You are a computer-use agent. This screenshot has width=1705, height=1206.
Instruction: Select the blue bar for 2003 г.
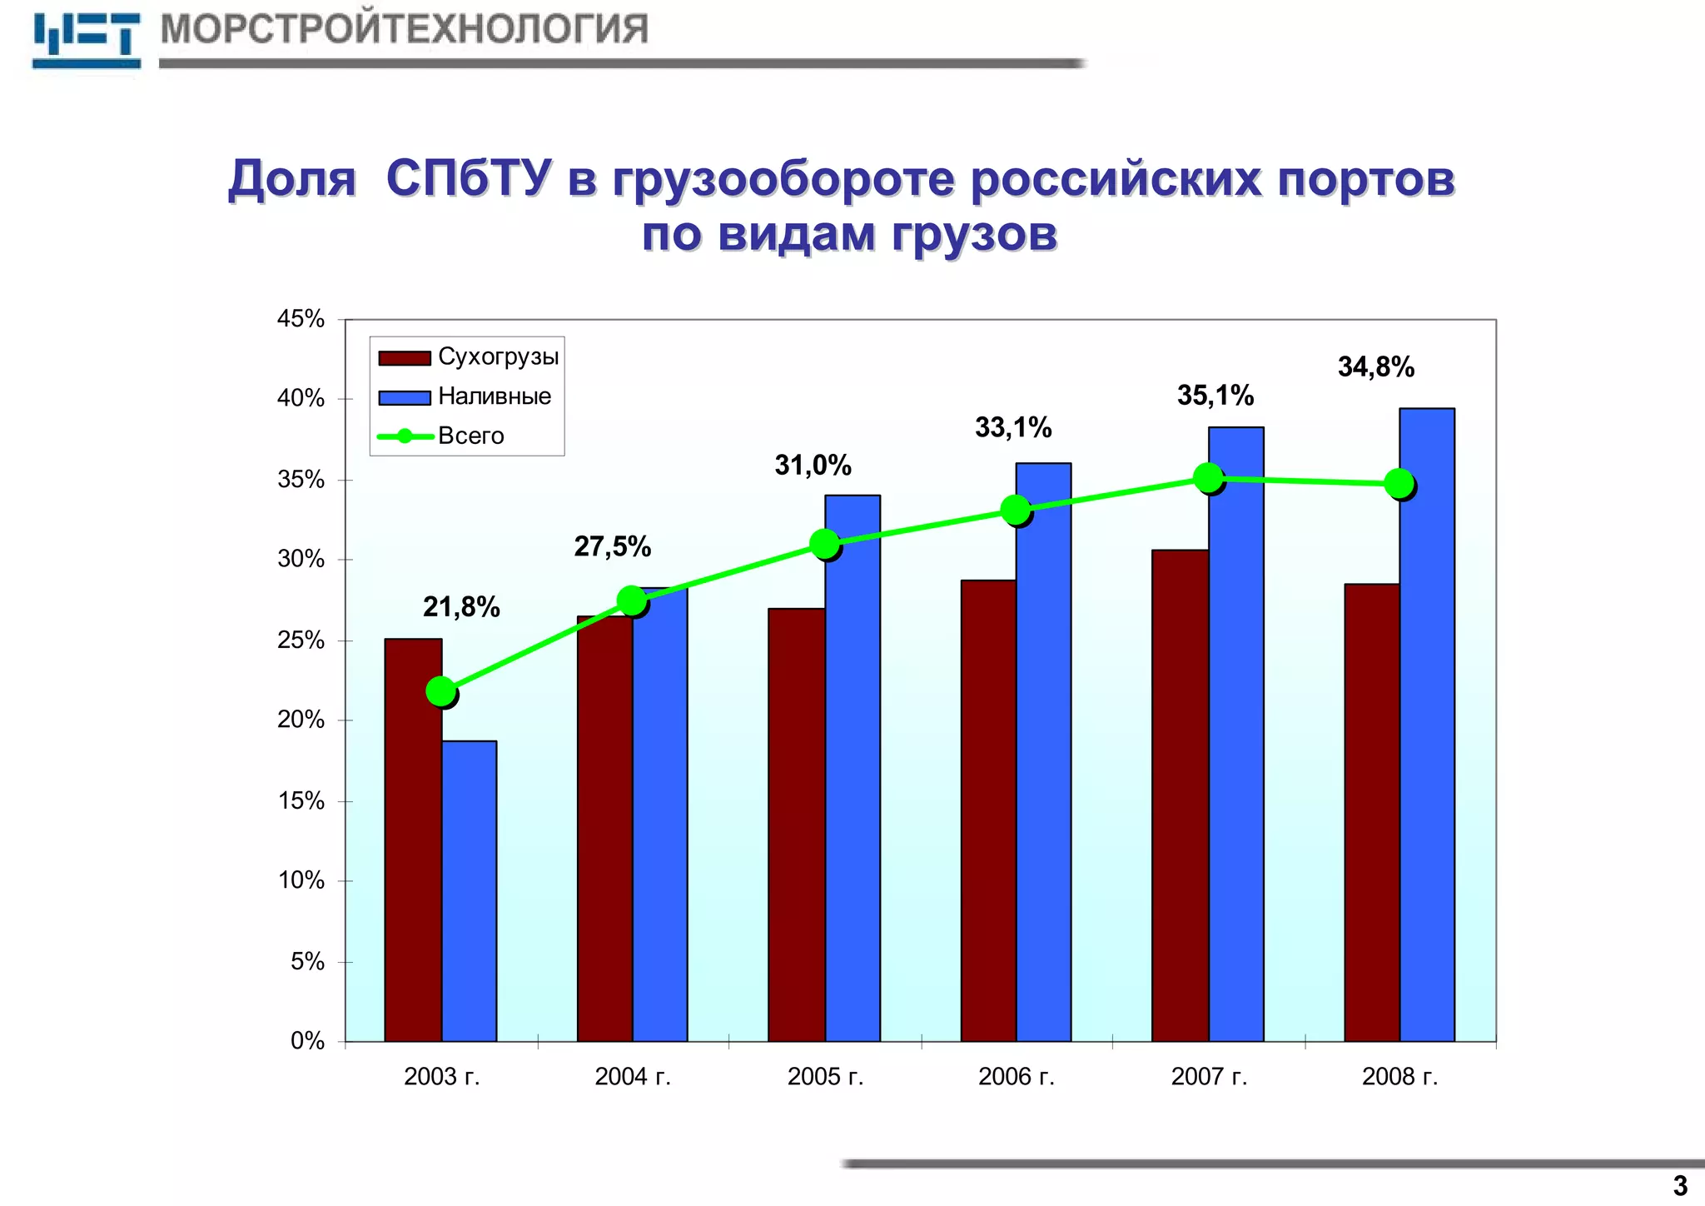click(469, 891)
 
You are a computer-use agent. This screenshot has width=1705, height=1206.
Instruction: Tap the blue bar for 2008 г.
click(1426, 725)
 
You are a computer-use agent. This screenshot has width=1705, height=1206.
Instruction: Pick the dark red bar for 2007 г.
click(1180, 795)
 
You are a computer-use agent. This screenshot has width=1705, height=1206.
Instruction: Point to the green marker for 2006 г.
click(1016, 510)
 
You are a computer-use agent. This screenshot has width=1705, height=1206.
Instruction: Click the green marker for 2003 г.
click(441, 691)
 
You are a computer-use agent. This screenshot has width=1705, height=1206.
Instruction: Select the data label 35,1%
click(1215, 396)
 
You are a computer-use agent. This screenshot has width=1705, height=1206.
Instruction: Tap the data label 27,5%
click(612, 547)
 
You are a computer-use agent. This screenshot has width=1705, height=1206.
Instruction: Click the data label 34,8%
click(1375, 367)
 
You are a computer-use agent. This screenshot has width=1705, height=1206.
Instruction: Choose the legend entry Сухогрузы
click(498, 357)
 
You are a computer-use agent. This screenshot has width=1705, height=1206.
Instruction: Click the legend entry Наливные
click(494, 396)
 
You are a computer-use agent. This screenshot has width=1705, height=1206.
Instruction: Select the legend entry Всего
click(470, 436)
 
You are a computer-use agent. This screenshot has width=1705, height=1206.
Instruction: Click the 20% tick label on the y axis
click(301, 720)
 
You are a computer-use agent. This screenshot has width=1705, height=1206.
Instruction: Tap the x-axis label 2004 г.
click(633, 1077)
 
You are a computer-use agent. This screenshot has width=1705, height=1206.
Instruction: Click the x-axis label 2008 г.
click(1399, 1077)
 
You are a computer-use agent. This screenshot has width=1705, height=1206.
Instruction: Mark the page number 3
click(1679, 1185)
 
